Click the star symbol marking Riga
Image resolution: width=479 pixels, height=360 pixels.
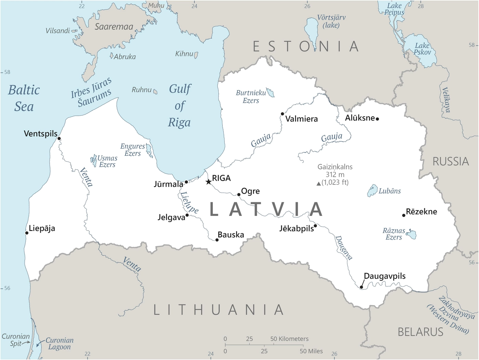pyautogui.click(x=208, y=182)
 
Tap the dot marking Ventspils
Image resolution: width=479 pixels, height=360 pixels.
pyautogui.click(x=59, y=139)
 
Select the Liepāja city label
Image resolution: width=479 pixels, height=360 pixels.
pyautogui.click(x=42, y=228)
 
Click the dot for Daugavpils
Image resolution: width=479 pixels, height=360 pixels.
pyautogui.click(x=361, y=287)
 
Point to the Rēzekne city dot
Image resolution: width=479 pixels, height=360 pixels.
pyautogui.click(x=404, y=215)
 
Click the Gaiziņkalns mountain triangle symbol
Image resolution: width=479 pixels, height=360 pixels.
pyautogui.click(x=319, y=184)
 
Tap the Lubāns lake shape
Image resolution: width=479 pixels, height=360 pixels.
pyautogui.click(x=372, y=191)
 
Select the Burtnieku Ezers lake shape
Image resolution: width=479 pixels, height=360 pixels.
pyautogui.click(x=271, y=92)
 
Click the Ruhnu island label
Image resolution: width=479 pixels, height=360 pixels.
pyautogui.click(x=141, y=90)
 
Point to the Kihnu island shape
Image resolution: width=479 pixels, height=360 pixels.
pyautogui.click(x=196, y=54)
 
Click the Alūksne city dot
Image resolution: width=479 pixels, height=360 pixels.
pyautogui.click(x=377, y=119)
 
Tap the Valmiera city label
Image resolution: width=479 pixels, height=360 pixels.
pyautogui.click(x=301, y=119)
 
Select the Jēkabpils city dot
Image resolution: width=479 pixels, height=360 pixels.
pyautogui.click(x=315, y=226)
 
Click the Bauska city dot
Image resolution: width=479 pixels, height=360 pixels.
pyautogui.click(x=217, y=240)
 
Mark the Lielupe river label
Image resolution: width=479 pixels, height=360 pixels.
pyautogui.click(x=189, y=203)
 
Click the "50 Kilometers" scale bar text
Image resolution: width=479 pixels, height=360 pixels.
pyautogui.click(x=289, y=339)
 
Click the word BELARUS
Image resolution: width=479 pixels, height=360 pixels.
pyautogui.click(x=420, y=332)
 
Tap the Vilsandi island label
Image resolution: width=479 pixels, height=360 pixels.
pyautogui.click(x=57, y=31)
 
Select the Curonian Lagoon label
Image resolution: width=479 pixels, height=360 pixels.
pyautogui.click(x=59, y=344)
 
